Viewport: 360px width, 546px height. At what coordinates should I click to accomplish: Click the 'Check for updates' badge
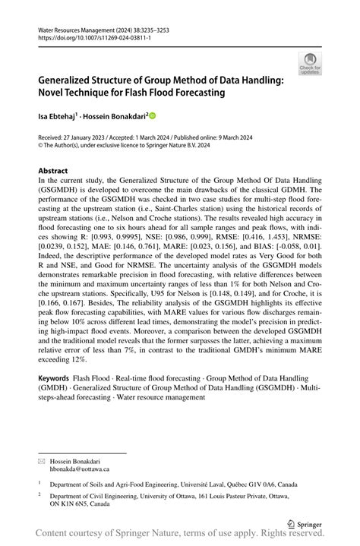click(309, 62)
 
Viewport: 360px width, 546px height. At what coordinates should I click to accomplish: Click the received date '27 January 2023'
click(84, 138)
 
